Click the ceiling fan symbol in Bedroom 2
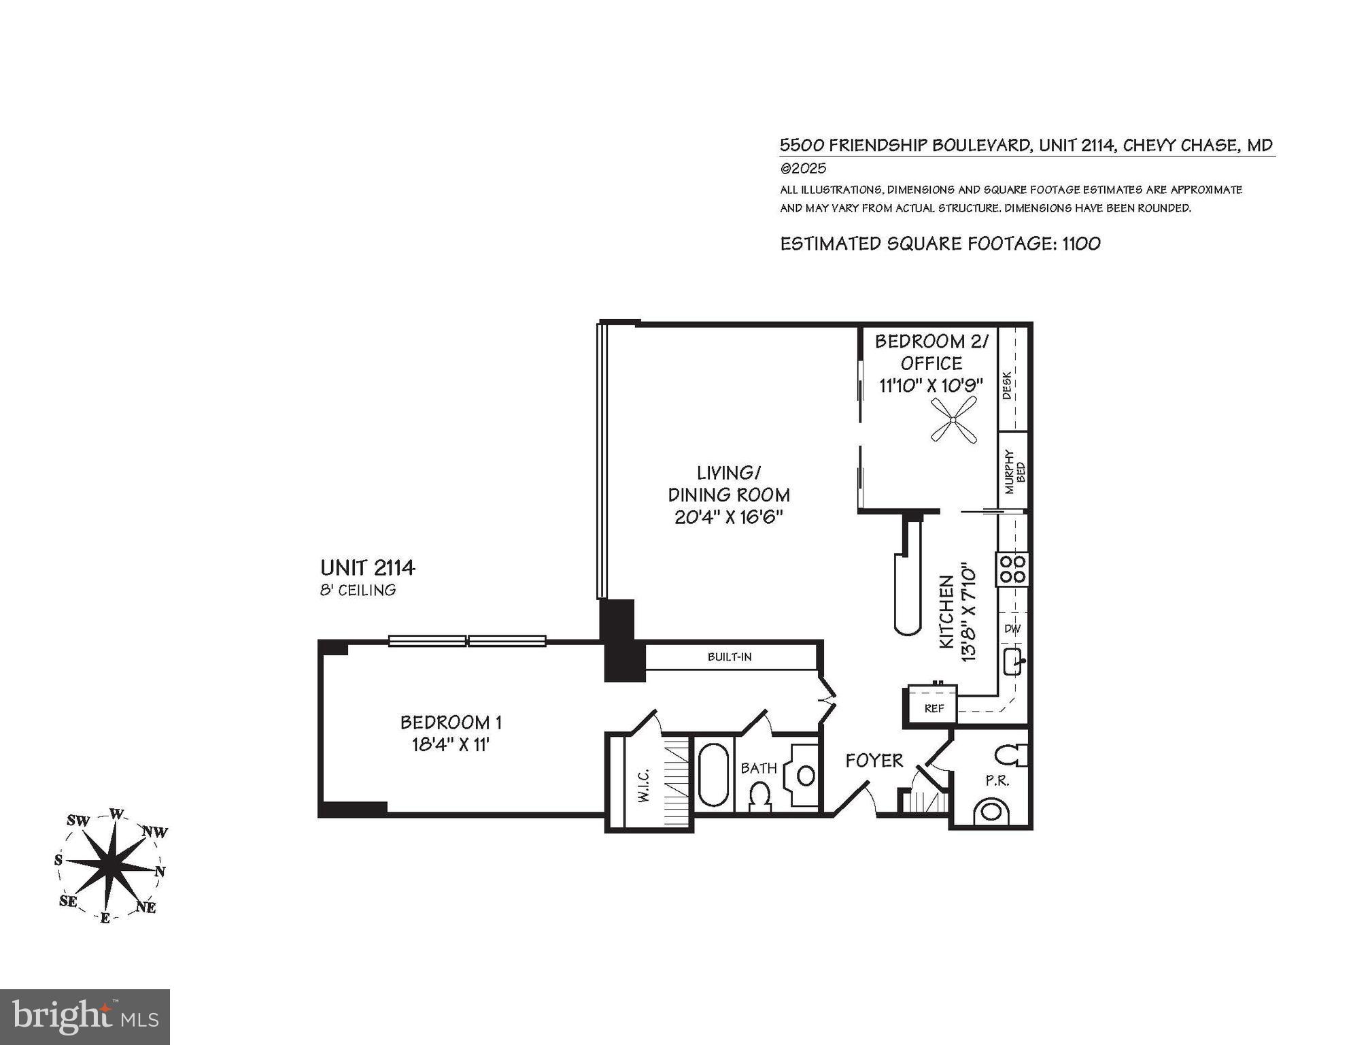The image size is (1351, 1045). tap(953, 421)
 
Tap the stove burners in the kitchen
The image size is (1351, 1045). tap(1012, 569)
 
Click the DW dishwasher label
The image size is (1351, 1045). tap(1012, 629)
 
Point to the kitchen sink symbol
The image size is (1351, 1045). tap(1013, 661)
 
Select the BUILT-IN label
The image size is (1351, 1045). tap(729, 657)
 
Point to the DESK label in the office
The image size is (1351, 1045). tap(1007, 384)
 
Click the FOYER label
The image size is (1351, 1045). tap(874, 761)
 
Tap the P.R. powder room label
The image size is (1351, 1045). tap(997, 781)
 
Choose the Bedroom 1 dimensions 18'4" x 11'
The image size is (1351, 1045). tap(451, 745)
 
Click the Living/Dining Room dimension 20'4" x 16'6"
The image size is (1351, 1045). tap(729, 517)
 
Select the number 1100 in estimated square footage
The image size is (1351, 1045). tap(1081, 244)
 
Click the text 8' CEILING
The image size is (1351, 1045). tap(358, 590)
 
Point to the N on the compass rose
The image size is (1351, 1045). tap(160, 872)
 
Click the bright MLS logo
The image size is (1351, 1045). tap(85, 1017)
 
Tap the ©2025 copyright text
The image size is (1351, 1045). tap(803, 168)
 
